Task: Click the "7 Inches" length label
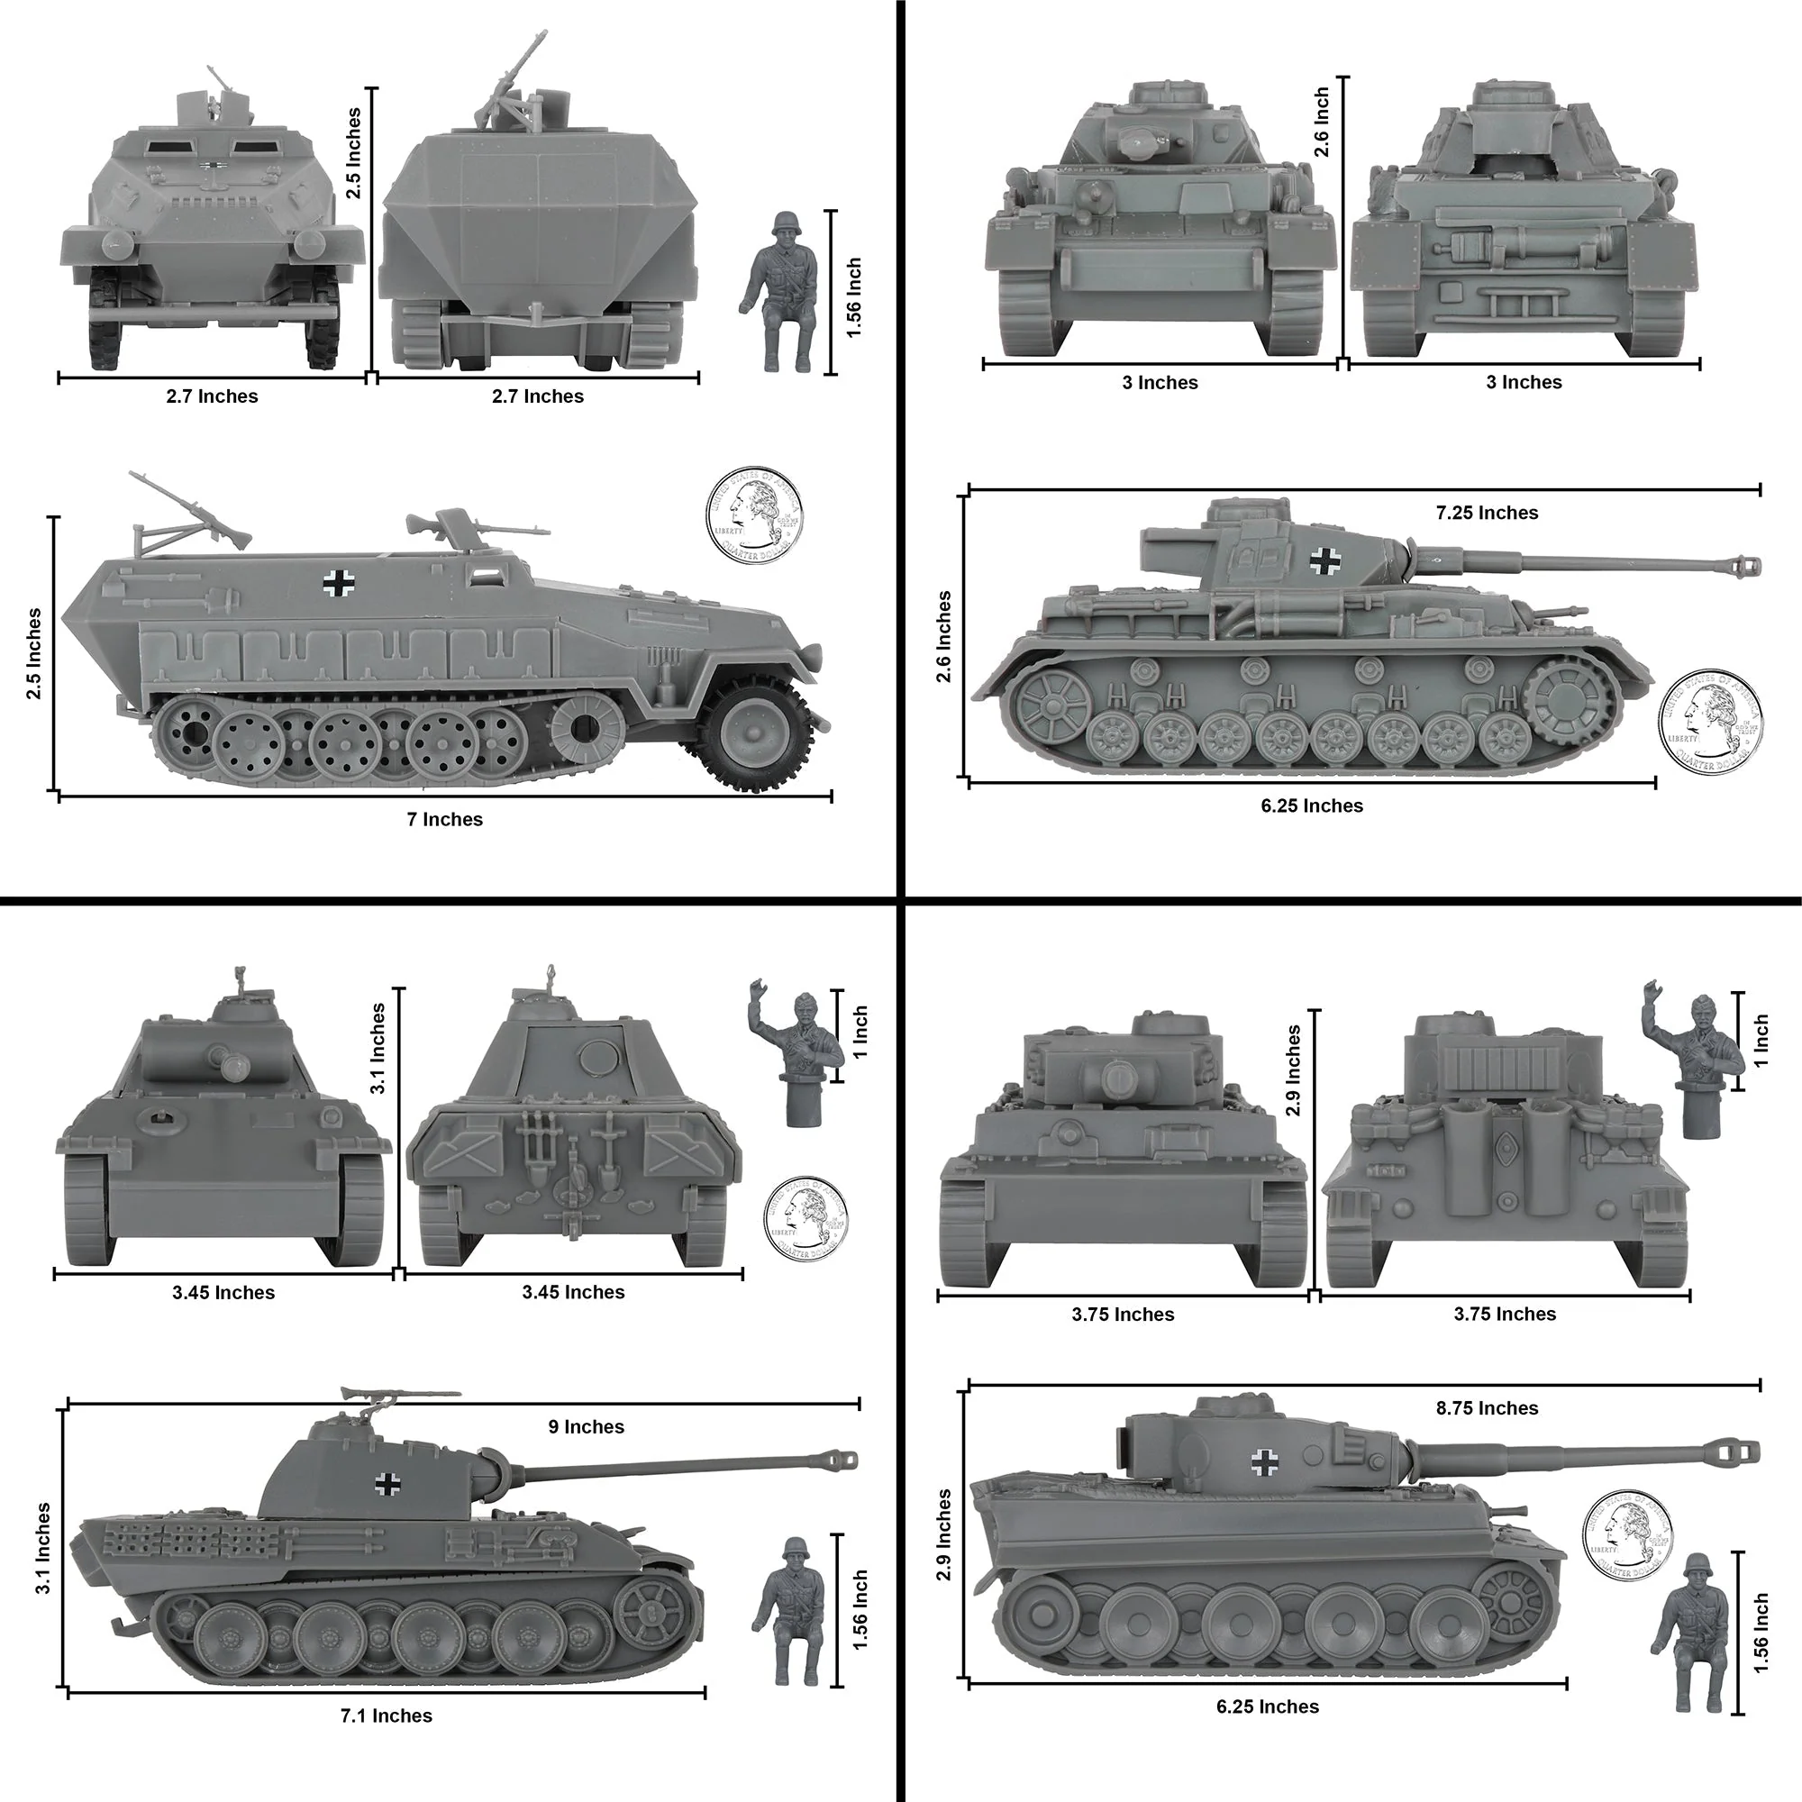pos(445,820)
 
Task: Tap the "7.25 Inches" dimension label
pos(1487,513)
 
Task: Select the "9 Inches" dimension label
pos(587,1427)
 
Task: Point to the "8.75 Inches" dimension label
pos(1487,1408)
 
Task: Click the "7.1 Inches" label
pos(387,1716)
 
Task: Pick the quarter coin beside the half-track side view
pos(753,514)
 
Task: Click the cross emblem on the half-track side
pos(338,584)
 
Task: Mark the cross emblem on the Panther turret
pos(387,1483)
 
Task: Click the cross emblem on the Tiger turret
pos(1265,1462)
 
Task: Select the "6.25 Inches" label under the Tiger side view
pos(1268,1706)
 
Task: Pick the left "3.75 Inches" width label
pos(1123,1315)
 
